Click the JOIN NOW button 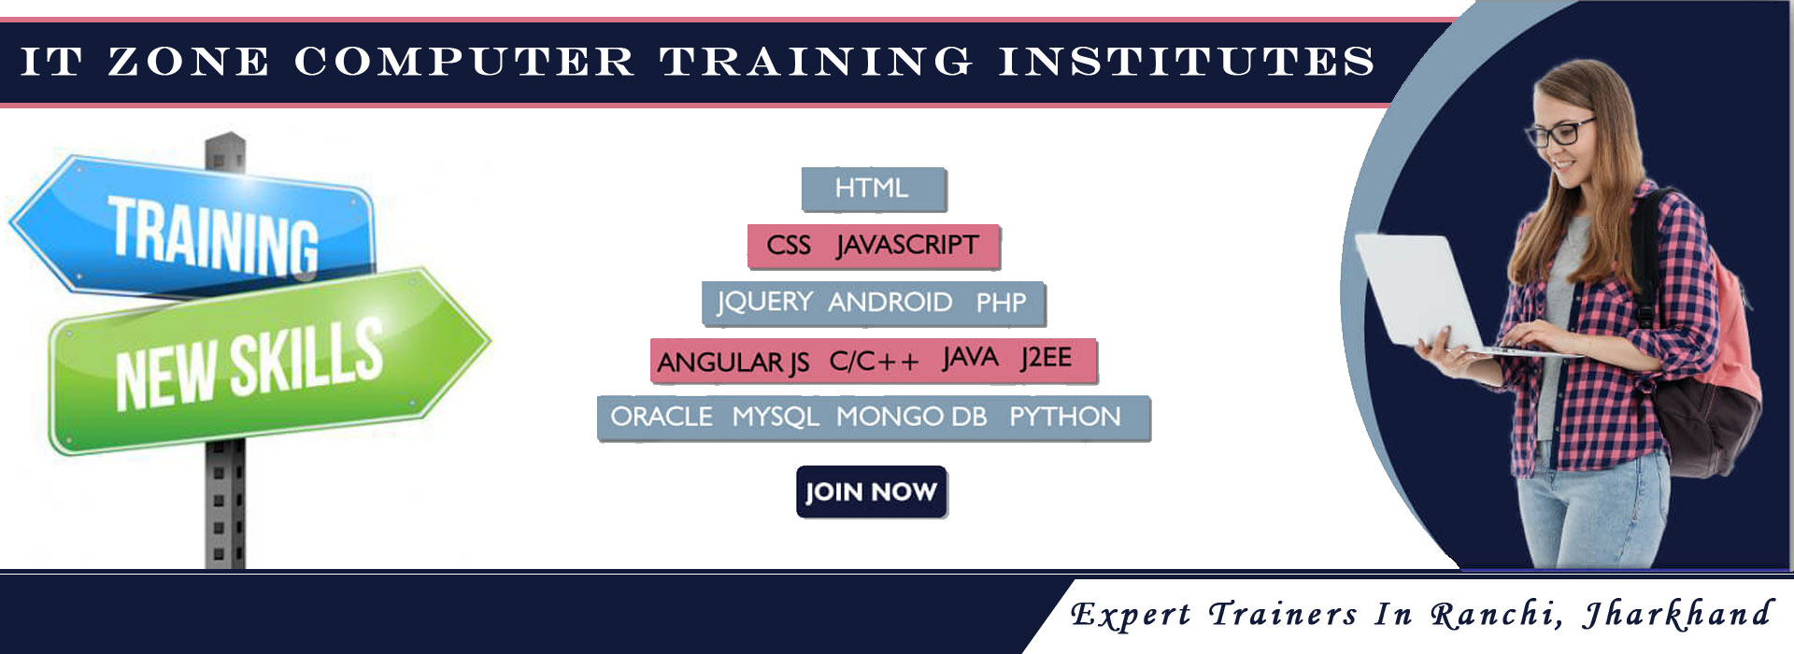(x=871, y=491)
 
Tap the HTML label (x=872, y=188)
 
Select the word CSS (x=789, y=245)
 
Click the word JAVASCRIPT (x=907, y=245)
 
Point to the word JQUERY (x=764, y=303)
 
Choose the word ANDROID (x=890, y=302)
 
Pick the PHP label (x=1001, y=302)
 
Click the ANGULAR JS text (x=733, y=362)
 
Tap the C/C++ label (x=874, y=361)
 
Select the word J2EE (x=1046, y=358)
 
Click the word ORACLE (x=662, y=416)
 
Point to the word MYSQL (x=776, y=417)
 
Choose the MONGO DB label (x=911, y=416)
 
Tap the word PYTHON (x=1064, y=416)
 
